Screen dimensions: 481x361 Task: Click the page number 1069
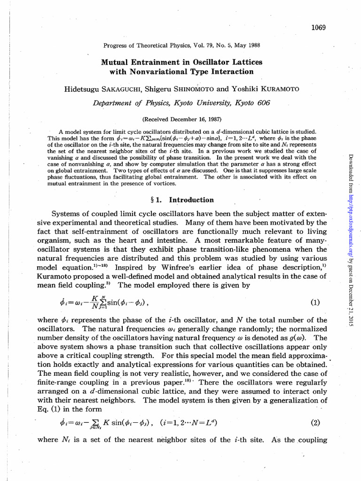318,27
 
